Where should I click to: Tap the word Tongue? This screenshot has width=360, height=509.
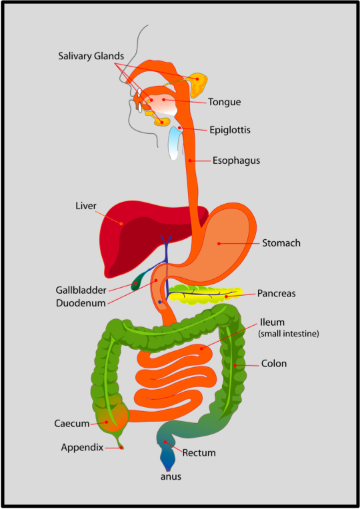(224, 102)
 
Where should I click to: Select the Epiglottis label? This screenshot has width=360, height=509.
(229, 130)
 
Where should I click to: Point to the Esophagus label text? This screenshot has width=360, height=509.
(236, 161)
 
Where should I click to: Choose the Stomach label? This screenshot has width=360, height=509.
(281, 243)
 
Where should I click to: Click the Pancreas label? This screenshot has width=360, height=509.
(276, 293)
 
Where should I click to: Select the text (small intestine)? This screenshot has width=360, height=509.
(288, 334)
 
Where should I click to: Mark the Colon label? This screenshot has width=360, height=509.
(274, 364)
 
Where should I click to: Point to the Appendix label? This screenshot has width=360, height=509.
(82, 447)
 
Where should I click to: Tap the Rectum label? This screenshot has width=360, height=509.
(199, 453)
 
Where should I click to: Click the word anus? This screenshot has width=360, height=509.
(171, 476)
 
